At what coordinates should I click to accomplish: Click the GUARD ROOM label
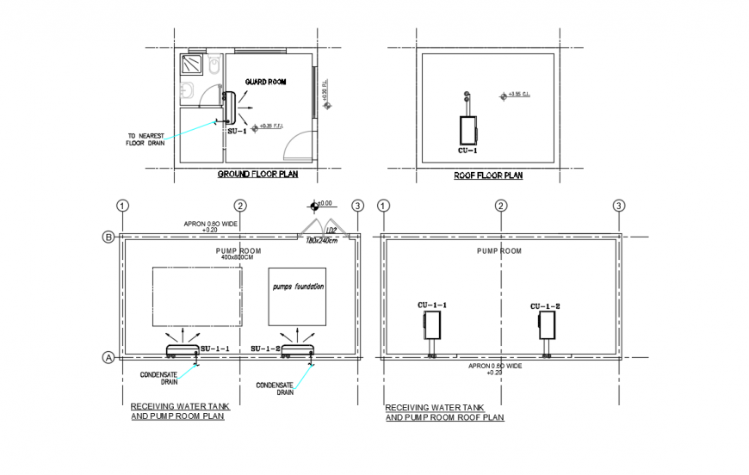point(264,82)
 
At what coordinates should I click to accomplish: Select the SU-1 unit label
point(237,131)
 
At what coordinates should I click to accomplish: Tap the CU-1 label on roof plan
point(467,151)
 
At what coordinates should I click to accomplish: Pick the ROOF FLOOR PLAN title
point(488,175)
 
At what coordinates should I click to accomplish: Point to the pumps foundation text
point(298,286)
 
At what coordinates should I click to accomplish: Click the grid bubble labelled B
point(109,236)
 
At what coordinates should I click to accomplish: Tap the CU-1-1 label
point(432,305)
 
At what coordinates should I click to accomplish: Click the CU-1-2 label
point(545,306)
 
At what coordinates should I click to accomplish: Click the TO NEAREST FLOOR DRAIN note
point(146,139)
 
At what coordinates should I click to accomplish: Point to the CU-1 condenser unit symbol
point(467,129)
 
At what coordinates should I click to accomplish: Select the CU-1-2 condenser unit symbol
point(546,327)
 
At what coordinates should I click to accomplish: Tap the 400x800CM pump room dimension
point(237,257)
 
